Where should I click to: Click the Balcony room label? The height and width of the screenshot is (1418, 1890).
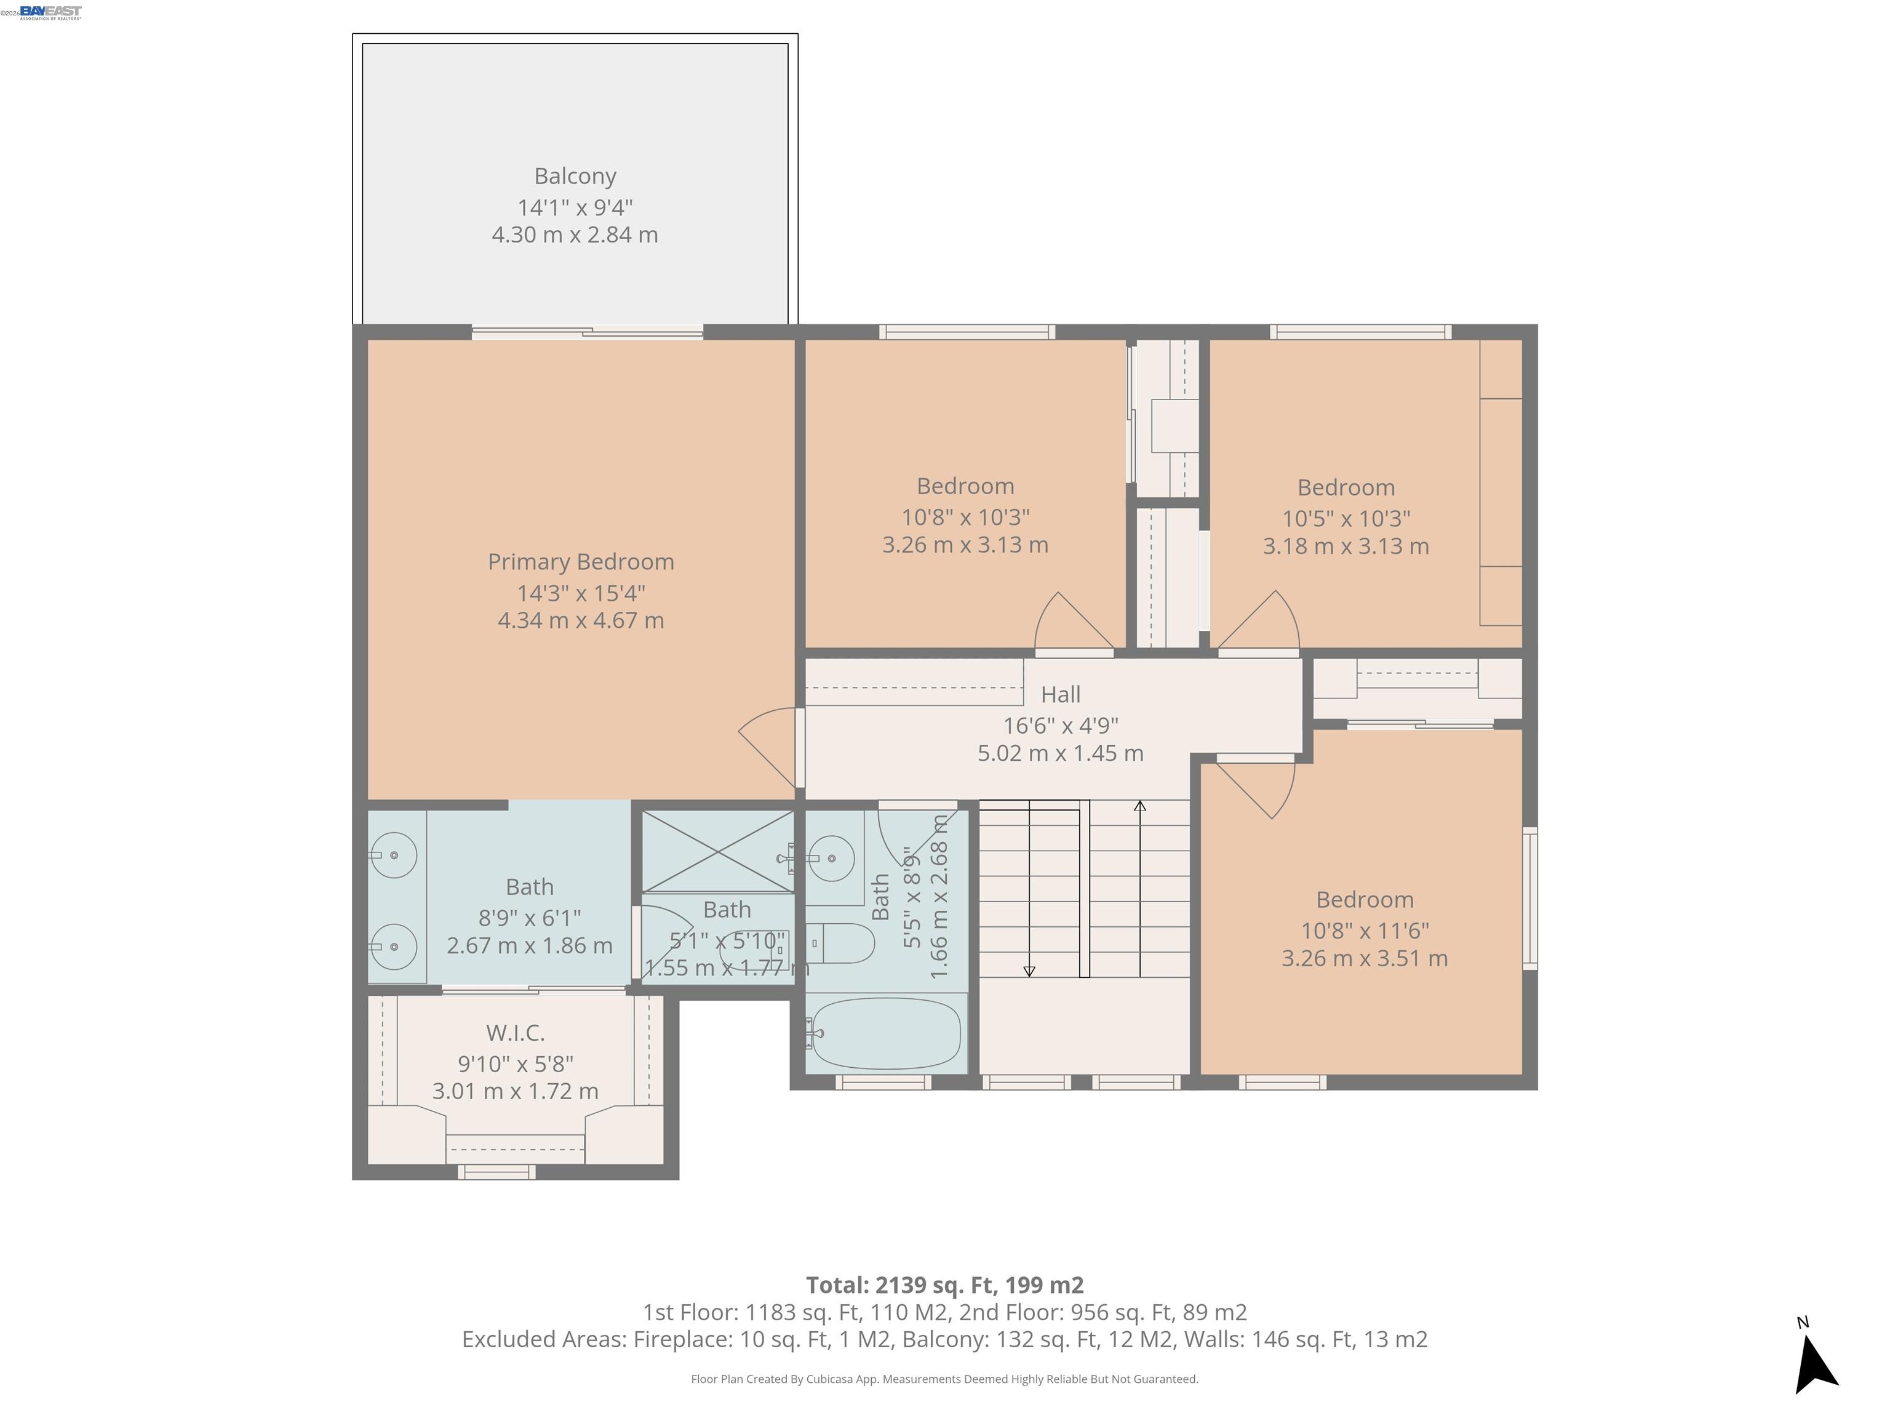575,176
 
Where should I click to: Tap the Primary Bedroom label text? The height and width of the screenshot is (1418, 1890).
580,561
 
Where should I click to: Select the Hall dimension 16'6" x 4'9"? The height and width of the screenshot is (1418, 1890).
1060,726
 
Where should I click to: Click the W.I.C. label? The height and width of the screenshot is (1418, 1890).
515,1033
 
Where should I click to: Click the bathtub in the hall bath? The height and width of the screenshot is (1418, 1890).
886,1033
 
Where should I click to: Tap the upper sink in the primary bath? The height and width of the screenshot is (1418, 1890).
394,855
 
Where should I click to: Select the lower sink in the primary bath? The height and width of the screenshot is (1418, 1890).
394,946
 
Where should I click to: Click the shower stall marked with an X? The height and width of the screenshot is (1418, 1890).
718,851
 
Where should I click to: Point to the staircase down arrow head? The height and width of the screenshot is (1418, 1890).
1029,971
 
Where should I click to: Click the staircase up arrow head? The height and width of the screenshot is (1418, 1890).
1140,806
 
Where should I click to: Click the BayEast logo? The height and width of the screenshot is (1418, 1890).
50,11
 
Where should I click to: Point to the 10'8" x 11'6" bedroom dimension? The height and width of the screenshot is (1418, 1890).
1365,931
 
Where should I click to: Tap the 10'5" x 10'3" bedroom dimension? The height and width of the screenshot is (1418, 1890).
1346,519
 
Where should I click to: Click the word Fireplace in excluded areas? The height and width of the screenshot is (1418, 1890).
681,1339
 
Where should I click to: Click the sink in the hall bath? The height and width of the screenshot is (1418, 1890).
831,858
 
